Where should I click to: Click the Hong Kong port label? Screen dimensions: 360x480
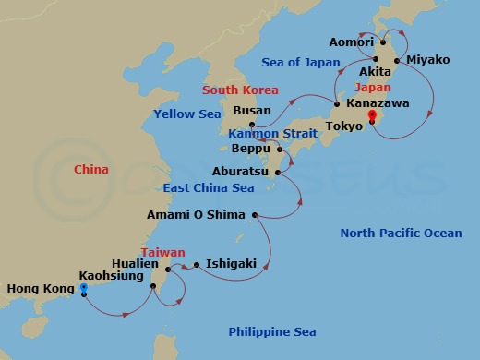tap(39, 289)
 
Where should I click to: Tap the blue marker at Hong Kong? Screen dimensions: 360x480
tap(84, 288)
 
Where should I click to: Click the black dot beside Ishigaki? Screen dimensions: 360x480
tap(197, 265)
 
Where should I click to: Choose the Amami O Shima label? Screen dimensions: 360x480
tap(196, 215)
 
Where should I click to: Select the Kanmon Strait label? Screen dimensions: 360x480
tap(272, 134)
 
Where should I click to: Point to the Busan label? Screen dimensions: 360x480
tap(252, 111)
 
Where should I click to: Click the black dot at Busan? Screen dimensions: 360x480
tap(251, 124)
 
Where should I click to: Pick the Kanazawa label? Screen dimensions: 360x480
tap(377, 104)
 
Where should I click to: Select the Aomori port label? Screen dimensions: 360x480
tap(351, 42)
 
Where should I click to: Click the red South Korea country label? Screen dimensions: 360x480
tap(239, 90)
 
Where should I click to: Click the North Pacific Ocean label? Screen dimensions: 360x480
tap(401, 233)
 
